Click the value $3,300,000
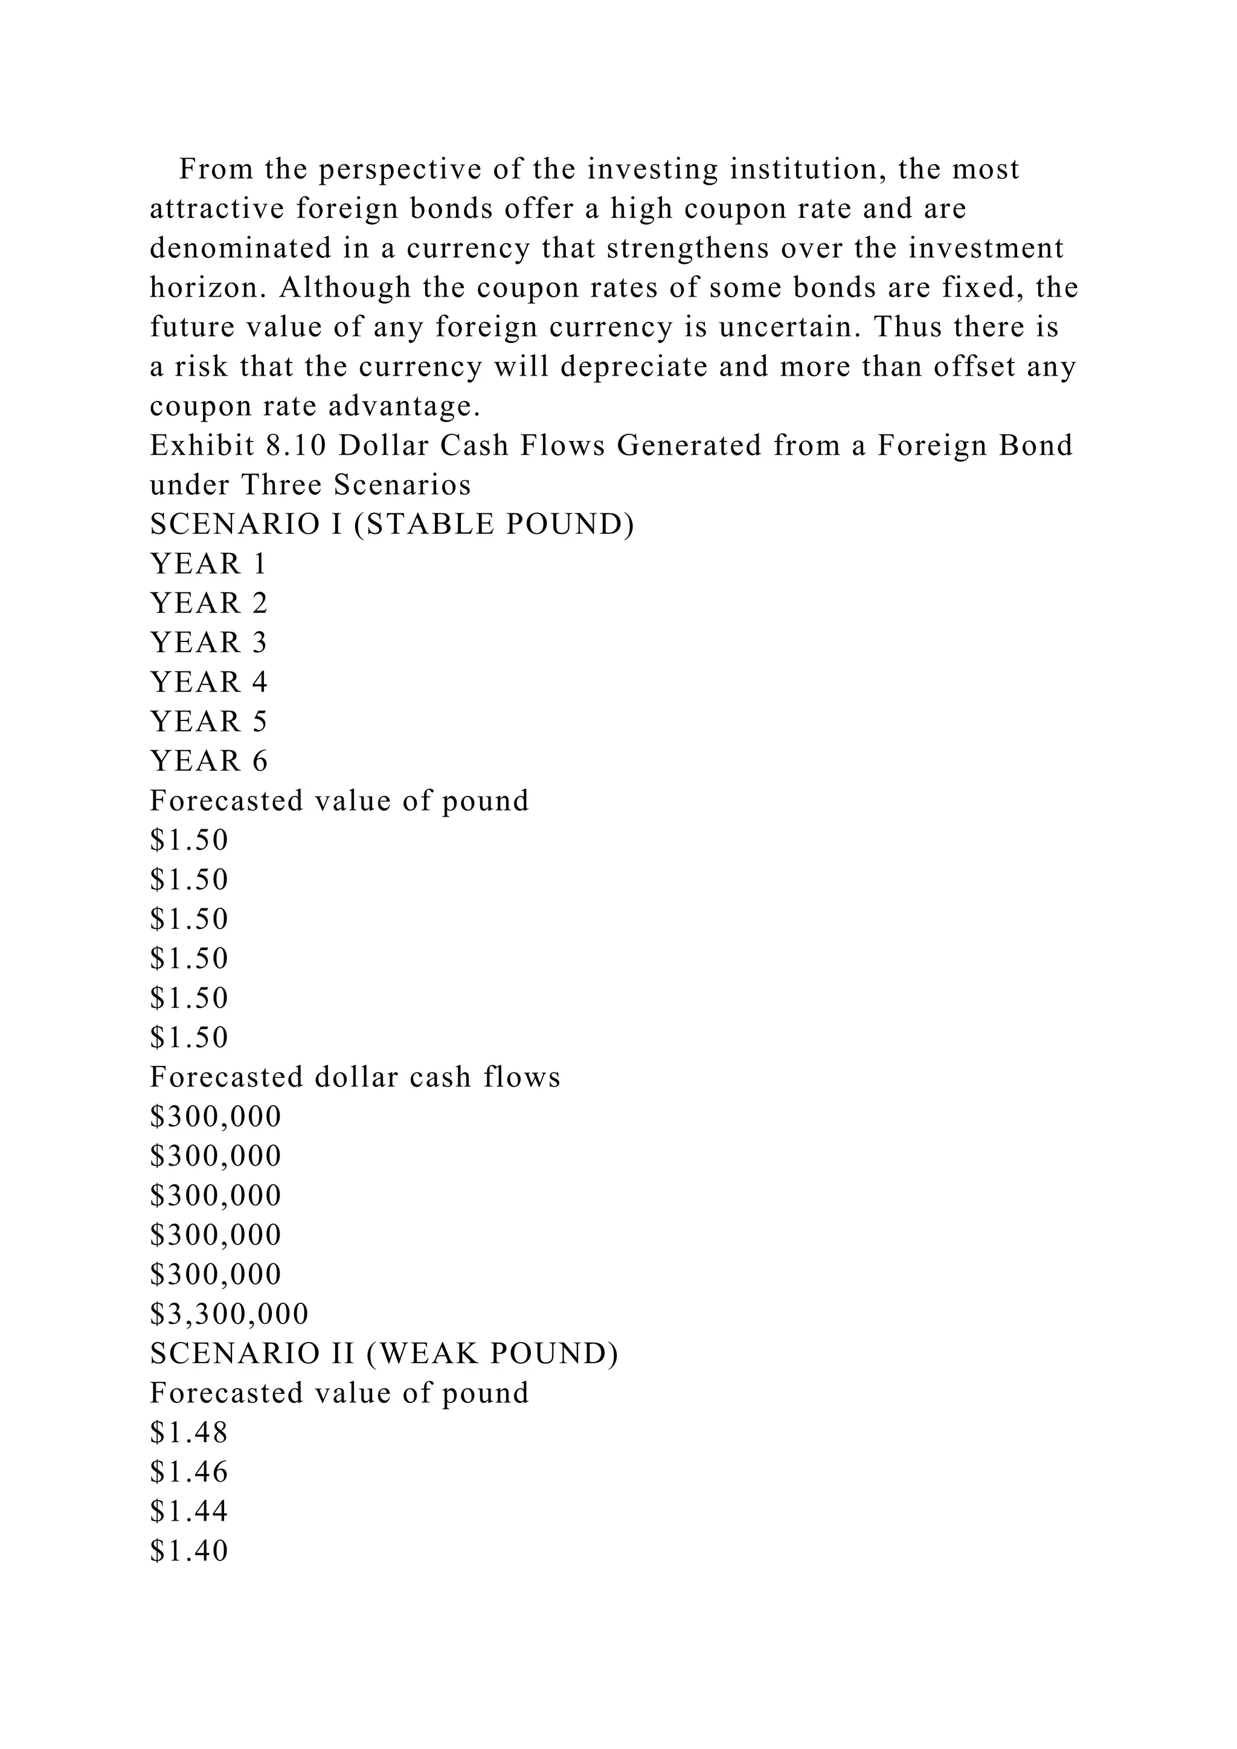(x=230, y=1314)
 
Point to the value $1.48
(x=189, y=1433)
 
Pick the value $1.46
(x=189, y=1472)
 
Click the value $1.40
(x=189, y=1551)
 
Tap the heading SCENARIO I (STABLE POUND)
(x=391, y=524)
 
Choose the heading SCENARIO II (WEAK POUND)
(x=384, y=1353)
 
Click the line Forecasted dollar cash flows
(x=355, y=1077)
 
